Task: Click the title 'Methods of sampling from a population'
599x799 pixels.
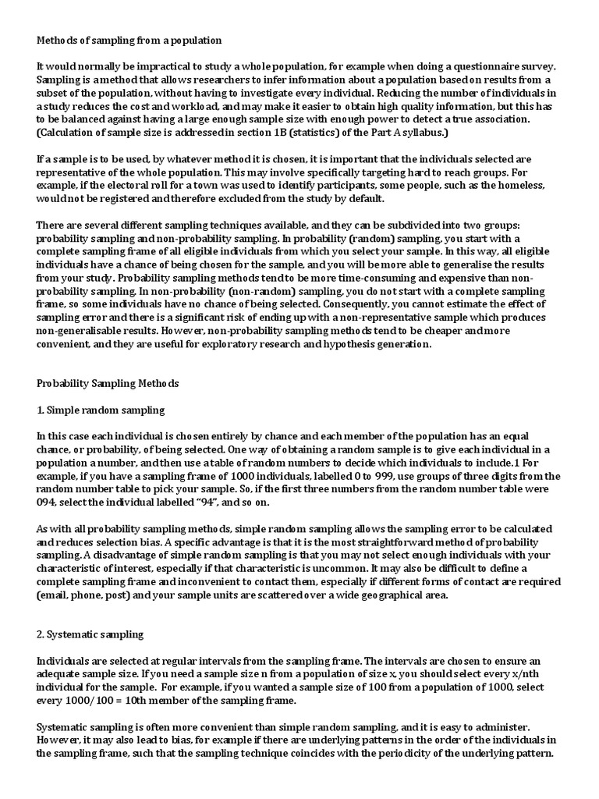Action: [129, 40]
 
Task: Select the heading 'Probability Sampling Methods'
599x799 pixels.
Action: [108, 383]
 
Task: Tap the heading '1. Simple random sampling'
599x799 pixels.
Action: [101, 410]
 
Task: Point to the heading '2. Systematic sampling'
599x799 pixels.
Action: [90, 634]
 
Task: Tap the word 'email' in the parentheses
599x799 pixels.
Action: [55, 595]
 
